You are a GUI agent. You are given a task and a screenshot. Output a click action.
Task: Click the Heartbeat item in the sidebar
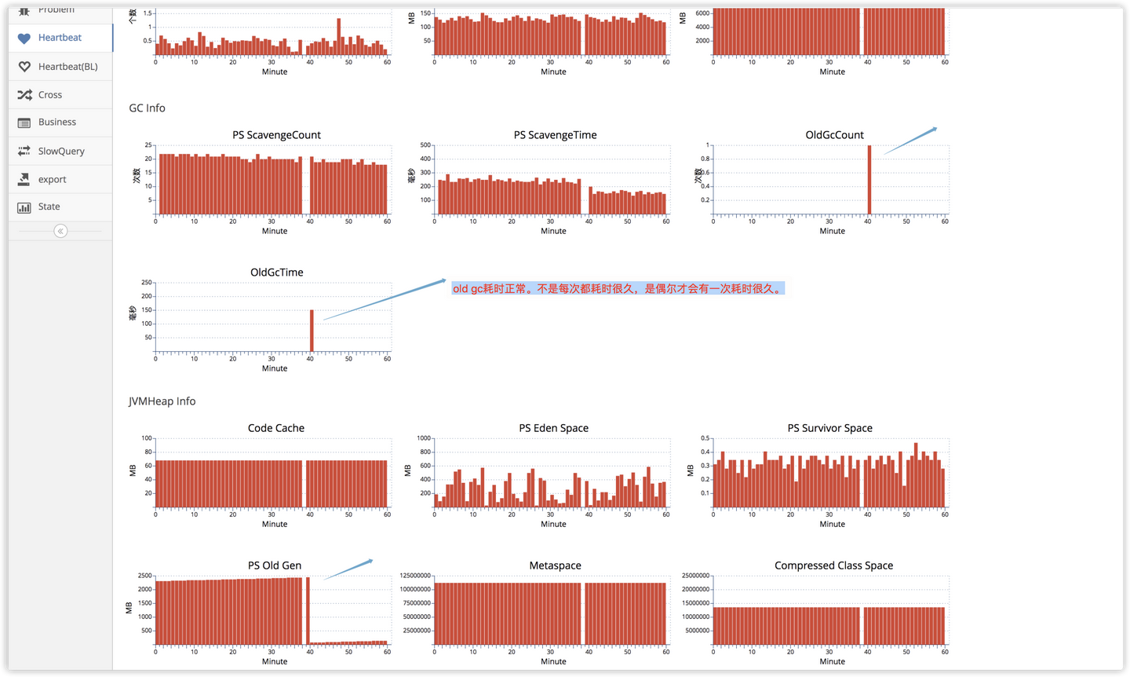tap(60, 38)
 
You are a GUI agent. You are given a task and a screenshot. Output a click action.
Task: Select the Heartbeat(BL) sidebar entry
tap(67, 67)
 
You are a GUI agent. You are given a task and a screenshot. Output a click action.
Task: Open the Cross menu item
tap(49, 95)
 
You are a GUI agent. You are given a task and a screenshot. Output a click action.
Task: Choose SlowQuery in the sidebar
tap(60, 152)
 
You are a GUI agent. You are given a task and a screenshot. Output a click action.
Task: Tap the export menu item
tap(52, 180)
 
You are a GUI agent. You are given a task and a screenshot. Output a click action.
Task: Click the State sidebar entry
tap(49, 207)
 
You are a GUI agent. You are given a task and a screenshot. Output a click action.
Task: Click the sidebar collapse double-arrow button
tap(60, 231)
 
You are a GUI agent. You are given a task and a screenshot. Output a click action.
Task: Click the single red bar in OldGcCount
tap(869, 180)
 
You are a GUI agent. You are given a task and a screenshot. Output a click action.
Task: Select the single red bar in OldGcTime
tap(312, 331)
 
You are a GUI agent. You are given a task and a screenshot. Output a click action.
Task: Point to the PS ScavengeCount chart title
tap(276, 135)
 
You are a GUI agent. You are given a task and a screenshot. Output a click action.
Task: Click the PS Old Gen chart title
tap(275, 565)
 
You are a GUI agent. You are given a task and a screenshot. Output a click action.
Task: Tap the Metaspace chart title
tap(555, 565)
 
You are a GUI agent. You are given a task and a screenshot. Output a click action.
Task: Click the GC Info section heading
tap(148, 108)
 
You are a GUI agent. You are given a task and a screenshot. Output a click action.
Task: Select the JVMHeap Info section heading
tap(162, 401)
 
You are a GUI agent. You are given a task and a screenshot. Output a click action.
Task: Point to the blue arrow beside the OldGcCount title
tap(910, 141)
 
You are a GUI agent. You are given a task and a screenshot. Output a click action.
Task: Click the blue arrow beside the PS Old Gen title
tap(348, 569)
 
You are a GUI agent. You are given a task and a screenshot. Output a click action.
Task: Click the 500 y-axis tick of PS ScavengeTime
tap(425, 145)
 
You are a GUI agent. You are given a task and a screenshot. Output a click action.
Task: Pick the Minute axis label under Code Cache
tap(275, 524)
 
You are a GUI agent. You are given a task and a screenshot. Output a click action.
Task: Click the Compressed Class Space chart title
tap(833, 565)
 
